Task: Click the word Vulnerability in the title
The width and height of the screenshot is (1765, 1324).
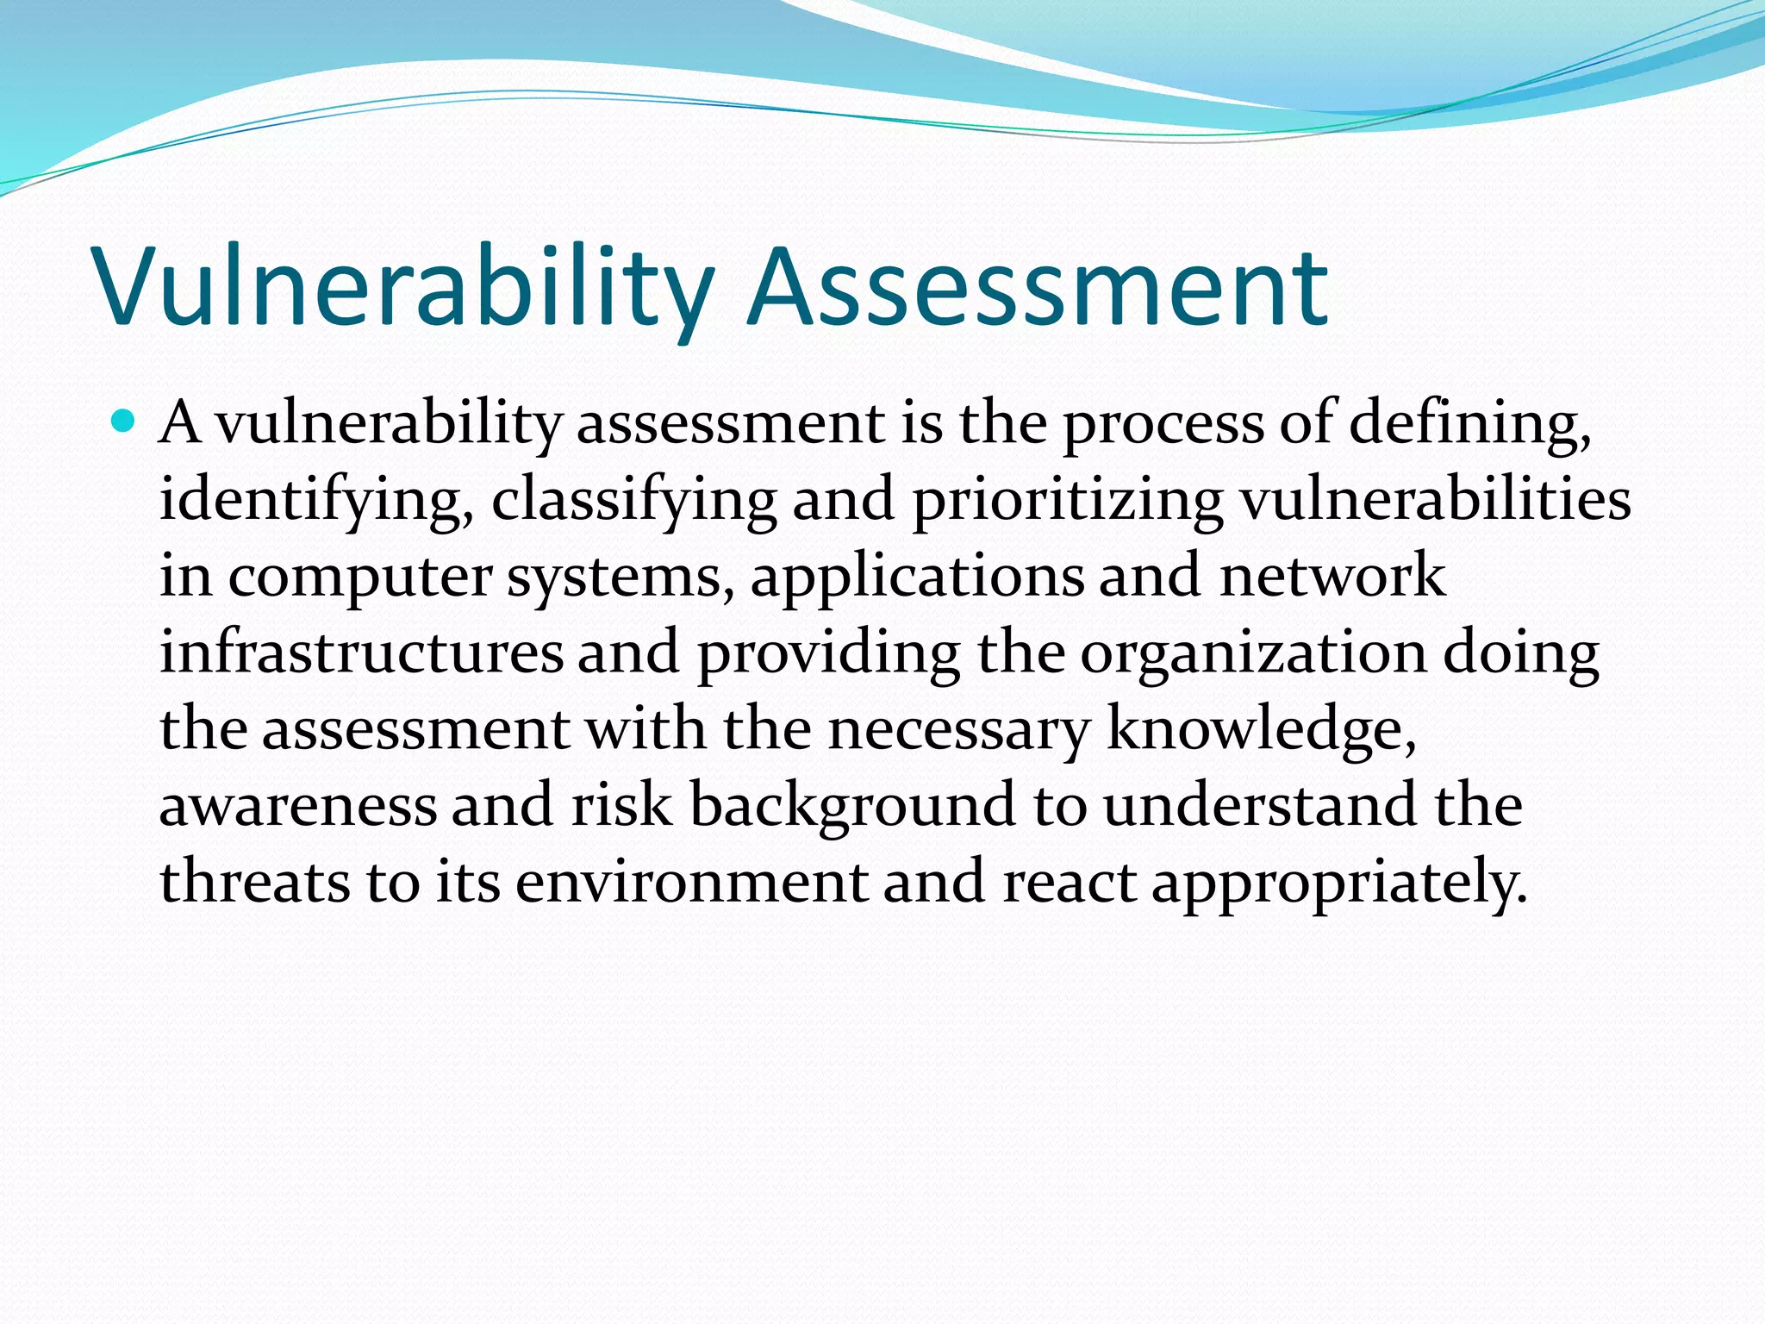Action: (x=405, y=289)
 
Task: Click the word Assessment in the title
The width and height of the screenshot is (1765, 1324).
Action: (x=1038, y=289)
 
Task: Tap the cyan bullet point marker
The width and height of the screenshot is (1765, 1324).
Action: (x=124, y=422)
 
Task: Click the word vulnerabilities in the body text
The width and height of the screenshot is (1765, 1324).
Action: (x=1435, y=500)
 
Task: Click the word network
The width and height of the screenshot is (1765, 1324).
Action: (x=1332, y=576)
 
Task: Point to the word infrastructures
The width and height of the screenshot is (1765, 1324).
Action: (x=361, y=653)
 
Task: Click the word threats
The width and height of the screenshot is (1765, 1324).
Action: (x=255, y=882)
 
